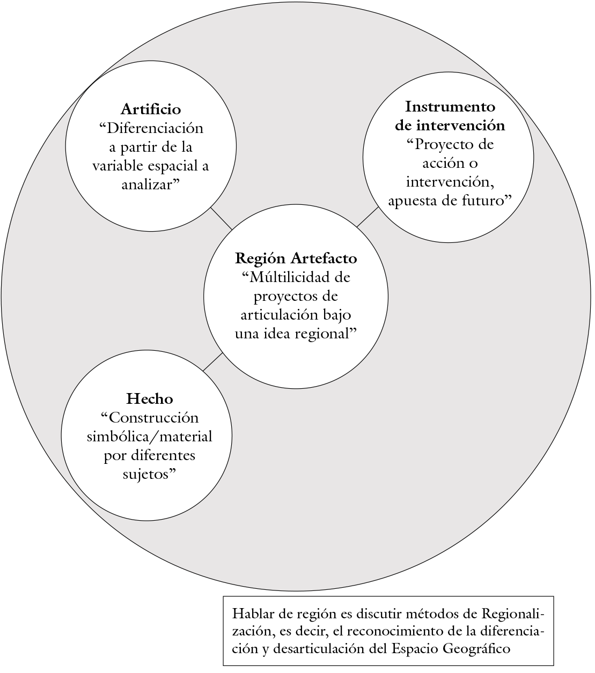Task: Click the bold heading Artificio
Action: coord(151,109)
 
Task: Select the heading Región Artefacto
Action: coord(296,258)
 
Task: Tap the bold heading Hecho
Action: coord(150,398)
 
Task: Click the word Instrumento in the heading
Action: coord(450,106)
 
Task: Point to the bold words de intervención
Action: coord(450,125)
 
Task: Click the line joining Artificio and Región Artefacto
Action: coord(221,218)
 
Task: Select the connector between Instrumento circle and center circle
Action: coord(368,217)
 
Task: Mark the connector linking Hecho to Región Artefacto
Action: coord(212,362)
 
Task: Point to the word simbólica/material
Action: coord(150,437)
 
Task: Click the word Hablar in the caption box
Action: coord(250,614)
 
